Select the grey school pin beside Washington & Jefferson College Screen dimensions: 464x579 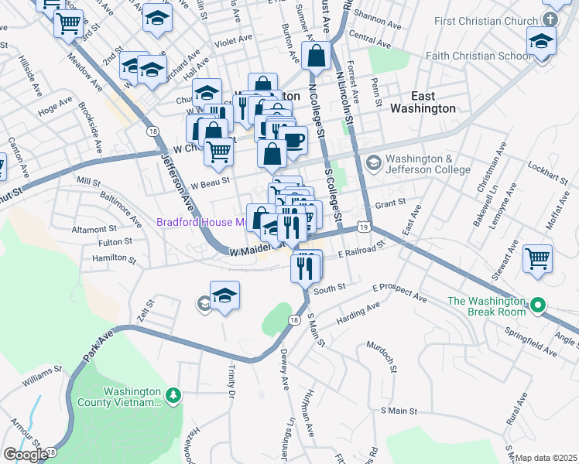(x=374, y=162)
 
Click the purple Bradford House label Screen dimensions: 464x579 (x=201, y=222)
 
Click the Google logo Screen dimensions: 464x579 (x=25, y=455)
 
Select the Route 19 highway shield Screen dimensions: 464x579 (x=363, y=225)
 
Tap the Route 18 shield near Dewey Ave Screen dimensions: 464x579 (x=293, y=319)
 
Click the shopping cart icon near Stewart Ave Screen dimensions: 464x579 (x=538, y=259)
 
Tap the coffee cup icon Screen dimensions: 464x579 (x=293, y=139)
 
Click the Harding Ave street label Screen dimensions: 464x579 (x=357, y=313)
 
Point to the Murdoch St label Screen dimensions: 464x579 (x=382, y=358)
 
